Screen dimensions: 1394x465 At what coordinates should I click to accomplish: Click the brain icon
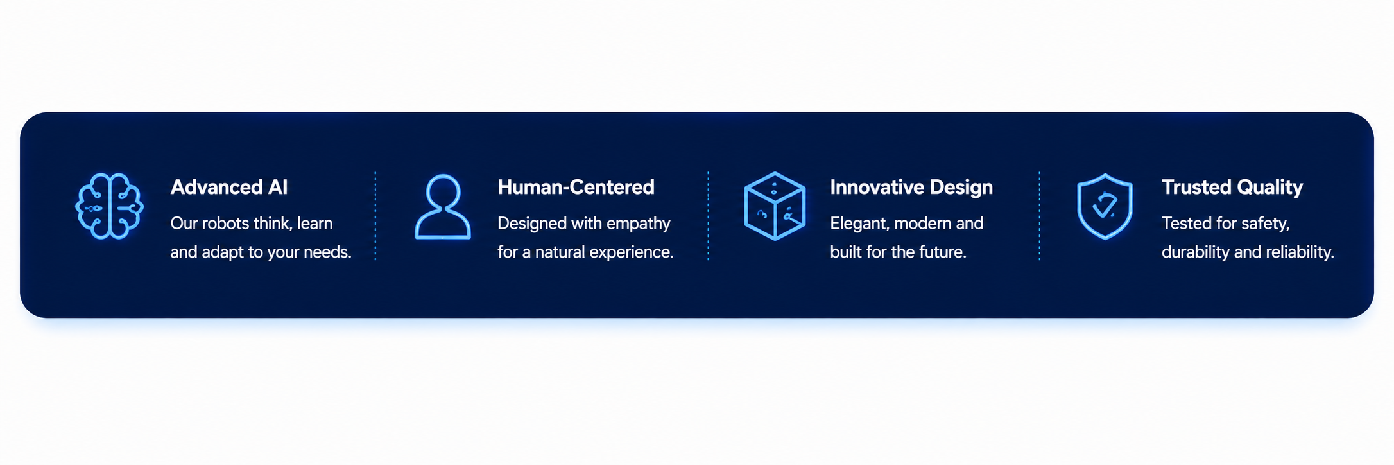point(109,206)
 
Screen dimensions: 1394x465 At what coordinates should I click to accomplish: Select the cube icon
point(775,206)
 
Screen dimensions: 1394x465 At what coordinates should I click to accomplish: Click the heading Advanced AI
point(229,187)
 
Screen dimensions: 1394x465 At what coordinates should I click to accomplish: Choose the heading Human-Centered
point(576,187)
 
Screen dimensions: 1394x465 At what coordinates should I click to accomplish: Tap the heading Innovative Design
point(911,188)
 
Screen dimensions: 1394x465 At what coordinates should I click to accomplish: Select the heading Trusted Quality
point(1232,188)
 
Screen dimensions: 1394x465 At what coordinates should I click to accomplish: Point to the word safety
point(1266,224)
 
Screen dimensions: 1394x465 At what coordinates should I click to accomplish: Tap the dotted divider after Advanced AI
point(375,216)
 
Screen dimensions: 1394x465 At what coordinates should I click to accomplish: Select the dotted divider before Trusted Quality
point(1039,216)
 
